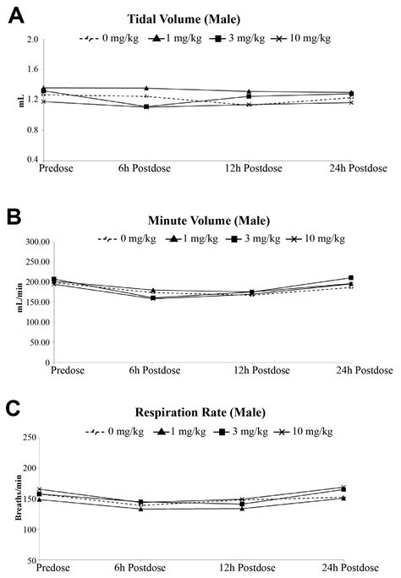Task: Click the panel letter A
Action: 14,15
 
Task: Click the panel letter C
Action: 14,412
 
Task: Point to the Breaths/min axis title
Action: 13,499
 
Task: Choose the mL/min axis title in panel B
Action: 13,303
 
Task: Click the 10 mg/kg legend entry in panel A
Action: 316,39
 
